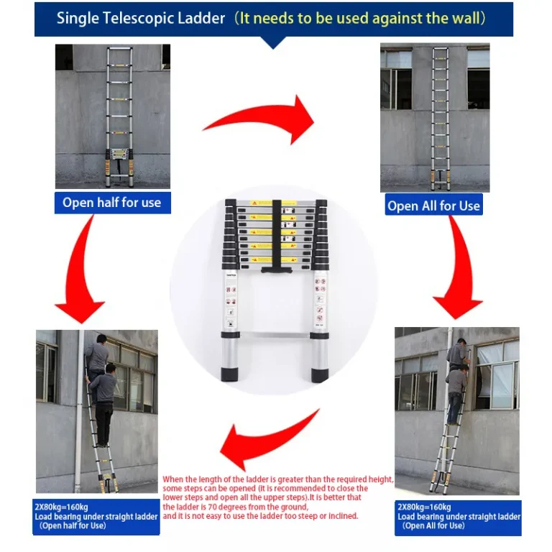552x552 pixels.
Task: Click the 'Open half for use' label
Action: click(x=111, y=203)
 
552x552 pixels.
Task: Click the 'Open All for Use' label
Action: click(x=433, y=206)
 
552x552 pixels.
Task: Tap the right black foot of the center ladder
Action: click(x=320, y=374)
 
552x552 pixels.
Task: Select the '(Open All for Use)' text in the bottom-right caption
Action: click(x=434, y=526)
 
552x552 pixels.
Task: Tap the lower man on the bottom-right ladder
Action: click(x=454, y=392)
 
